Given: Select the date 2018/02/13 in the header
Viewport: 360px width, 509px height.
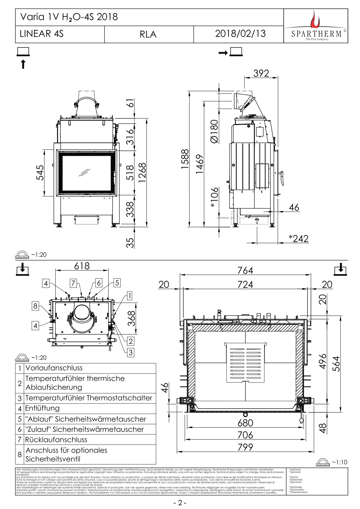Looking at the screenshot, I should tap(240, 34).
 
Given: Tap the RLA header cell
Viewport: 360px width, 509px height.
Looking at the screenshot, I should tap(148, 35).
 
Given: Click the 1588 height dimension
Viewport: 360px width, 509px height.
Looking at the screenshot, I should tap(185, 159).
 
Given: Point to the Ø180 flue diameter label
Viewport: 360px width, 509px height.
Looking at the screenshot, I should tap(214, 131).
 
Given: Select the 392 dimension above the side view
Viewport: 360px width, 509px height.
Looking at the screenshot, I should tap(261, 73).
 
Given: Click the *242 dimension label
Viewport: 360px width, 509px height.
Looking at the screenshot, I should tap(298, 239).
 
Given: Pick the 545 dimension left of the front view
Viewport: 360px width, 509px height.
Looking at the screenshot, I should tap(40, 173).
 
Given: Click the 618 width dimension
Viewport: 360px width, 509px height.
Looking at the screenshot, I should tap(82, 266).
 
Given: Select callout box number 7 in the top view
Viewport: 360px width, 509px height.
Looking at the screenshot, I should tap(73, 283).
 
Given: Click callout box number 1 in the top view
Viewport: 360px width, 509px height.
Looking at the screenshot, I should tap(129, 296).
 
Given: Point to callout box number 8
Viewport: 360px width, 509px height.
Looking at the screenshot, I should tap(35, 306).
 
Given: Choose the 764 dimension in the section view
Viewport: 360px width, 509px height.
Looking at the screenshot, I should tap(245, 270).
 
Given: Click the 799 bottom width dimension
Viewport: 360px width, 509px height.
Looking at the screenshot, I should tap(245, 447).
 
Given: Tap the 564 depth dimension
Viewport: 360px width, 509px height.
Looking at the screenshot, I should tap(336, 364).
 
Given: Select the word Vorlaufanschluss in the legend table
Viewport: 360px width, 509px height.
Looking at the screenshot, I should tap(54, 368).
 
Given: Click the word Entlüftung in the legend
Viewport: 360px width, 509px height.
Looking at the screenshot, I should tap(42, 408).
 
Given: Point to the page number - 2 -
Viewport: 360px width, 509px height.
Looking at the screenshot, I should tap(180, 503).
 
